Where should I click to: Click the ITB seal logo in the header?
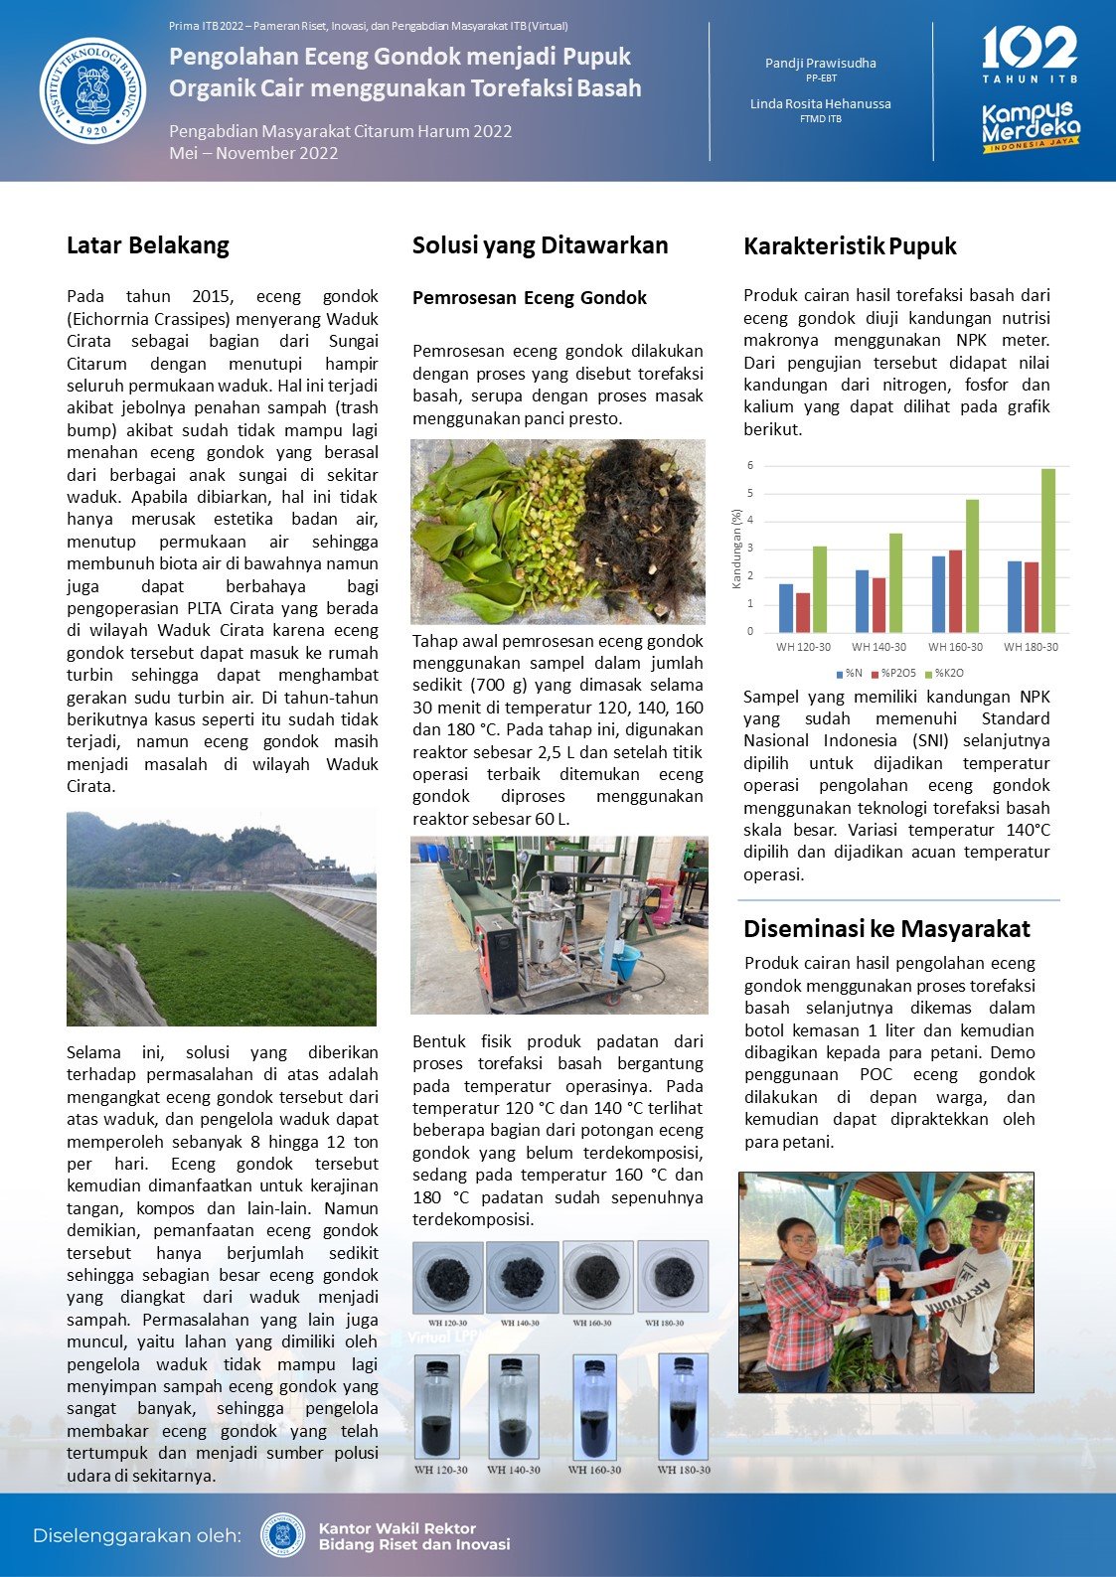[x=92, y=90]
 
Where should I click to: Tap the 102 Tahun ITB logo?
[x=1030, y=56]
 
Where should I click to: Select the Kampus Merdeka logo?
[x=1031, y=127]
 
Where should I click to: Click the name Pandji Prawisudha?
[x=820, y=63]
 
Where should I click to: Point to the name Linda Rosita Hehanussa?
[x=820, y=103]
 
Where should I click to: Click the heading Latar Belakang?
[x=147, y=245]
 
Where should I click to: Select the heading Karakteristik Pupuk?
[x=850, y=246]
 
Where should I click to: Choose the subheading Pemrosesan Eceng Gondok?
[x=529, y=298]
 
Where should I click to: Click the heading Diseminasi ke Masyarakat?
[x=886, y=929]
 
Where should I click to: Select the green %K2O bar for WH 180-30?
[x=1048, y=551]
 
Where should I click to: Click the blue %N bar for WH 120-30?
[x=786, y=608]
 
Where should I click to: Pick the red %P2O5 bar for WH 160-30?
[x=955, y=591]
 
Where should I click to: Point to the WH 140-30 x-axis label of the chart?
[x=879, y=647]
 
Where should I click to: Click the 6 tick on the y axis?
[x=750, y=466]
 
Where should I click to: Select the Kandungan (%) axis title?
[x=736, y=549]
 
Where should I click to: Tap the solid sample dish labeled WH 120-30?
[x=447, y=1278]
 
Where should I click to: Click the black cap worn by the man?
[x=989, y=1211]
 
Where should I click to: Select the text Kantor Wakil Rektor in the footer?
[x=397, y=1528]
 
